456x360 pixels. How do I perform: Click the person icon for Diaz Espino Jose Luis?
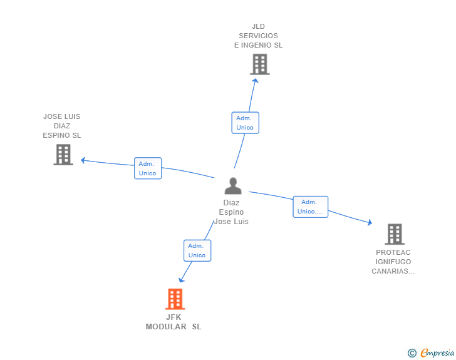233,186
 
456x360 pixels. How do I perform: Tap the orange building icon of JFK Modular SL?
175,299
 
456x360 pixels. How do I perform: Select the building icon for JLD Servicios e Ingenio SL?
259,64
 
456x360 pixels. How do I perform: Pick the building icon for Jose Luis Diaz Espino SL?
63,154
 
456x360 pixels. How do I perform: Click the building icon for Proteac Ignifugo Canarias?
394,234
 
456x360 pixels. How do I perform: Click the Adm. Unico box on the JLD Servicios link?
245,123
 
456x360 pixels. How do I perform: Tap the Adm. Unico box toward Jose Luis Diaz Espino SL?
148,168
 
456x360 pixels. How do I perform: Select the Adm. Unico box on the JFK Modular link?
197,250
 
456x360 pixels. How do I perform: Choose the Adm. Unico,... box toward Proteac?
310,207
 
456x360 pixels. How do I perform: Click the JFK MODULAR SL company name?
174,322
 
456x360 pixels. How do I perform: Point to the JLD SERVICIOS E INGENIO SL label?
258,36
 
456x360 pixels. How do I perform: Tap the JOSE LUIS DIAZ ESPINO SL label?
62,126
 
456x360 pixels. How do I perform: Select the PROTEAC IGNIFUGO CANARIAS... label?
393,262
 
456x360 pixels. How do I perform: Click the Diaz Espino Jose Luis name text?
232,212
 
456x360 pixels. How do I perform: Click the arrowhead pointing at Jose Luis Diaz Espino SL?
83,160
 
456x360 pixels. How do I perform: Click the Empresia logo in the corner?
437,353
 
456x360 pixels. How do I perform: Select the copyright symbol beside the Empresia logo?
412,353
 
